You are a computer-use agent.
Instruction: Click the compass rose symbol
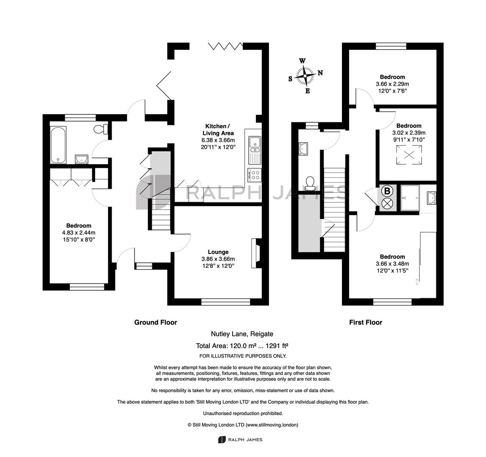click(x=305, y=76)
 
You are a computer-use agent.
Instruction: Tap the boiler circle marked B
click(x=387, y=191)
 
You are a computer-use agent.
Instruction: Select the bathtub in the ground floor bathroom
click(x=58, y=144)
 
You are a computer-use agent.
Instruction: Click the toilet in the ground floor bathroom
click(x=100, y=129)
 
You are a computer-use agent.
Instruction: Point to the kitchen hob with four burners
click(x=255, y=175)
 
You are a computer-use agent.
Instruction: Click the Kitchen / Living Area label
click(x=218, y=129)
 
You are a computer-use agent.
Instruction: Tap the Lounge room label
click(x=218, y=252)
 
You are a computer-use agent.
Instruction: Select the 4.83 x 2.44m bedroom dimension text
click(x=79, y=233)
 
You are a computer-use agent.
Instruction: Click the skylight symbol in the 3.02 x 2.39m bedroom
click(x=409, y=155)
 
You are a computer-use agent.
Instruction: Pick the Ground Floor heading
click(x=156, y=322)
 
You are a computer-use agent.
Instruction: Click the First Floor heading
click(x=366, y=322)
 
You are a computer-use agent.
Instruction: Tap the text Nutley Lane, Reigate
click(x=242, y=334)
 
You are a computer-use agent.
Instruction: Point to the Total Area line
click(x=242, y=346)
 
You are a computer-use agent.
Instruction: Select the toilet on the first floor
click(x=310, y=183)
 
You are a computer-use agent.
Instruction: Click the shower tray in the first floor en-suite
click(x=410, y=198)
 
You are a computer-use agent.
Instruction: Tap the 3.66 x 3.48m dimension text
click(x=393, y=264)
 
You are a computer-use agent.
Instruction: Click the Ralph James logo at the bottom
click(x=240, y=439)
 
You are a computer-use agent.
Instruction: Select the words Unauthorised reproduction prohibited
click(x=243, y=413)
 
